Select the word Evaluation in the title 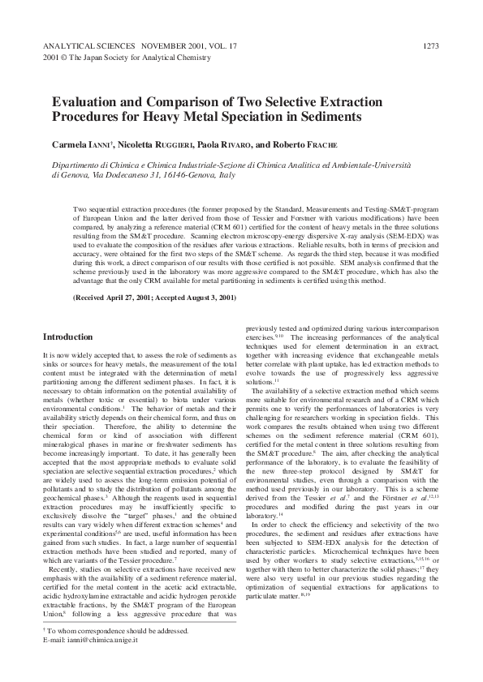[86, 103]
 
